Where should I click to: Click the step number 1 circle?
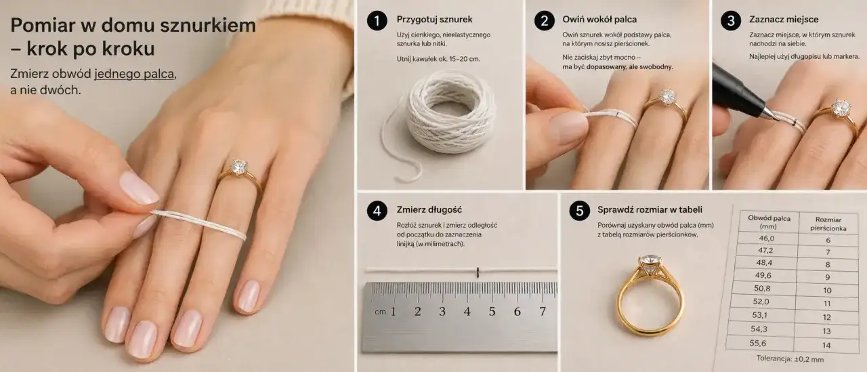377,20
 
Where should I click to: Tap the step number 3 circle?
731,20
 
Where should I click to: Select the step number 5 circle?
579,211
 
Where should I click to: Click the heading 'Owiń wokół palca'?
599,20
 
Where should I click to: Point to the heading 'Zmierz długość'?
429,210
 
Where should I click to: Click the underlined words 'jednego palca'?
134,74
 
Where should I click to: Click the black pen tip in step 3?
772,115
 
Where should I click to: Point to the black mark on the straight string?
478,272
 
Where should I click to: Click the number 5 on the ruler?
492,311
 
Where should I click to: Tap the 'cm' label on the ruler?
380,312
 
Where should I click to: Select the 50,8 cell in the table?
762,289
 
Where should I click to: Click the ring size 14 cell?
826,346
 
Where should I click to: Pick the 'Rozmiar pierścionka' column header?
828,224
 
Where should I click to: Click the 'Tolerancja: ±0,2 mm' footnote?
790,359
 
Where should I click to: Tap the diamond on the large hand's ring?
238,167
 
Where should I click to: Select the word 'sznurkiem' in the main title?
208,26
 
